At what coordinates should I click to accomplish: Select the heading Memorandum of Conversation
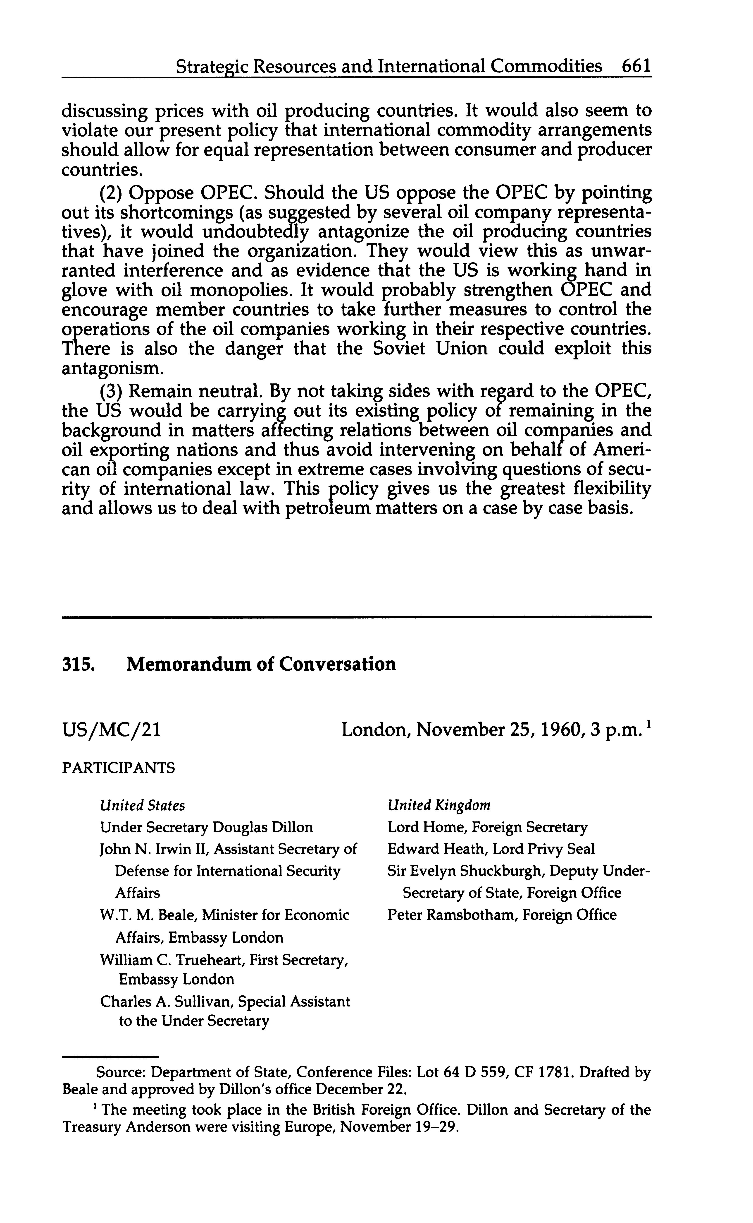coord(262,664)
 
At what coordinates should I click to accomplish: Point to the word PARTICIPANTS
coord(119,768)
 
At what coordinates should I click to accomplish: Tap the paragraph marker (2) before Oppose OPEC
coord(111,192)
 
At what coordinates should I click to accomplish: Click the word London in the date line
coord(374,731)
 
